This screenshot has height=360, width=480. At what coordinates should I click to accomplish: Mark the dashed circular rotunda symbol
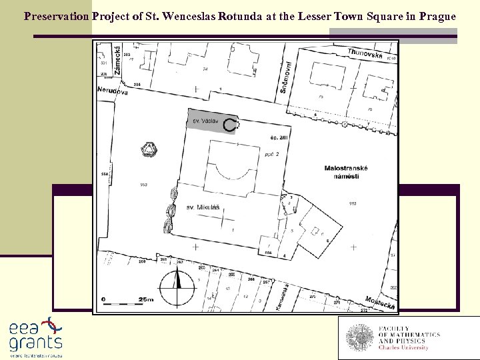click(231, 124)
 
